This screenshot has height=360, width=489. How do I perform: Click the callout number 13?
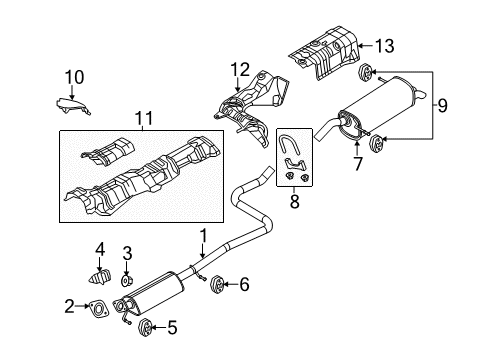tap(385, 46)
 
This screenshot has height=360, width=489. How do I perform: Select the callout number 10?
tap(74, 77)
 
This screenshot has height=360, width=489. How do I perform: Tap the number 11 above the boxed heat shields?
tap(144, 118)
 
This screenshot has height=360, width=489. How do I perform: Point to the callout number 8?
tap(294, 201)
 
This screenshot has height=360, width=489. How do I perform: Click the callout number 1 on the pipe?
tap(203, 236)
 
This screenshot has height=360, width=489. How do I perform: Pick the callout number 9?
tap(442, 106)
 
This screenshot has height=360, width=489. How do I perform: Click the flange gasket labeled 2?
tap(99, 309)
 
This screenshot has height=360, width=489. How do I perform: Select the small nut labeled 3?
tap(126, 281)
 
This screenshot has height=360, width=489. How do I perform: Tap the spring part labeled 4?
tap(100, 276)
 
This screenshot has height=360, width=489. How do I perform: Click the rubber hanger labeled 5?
tap(145, 327)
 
